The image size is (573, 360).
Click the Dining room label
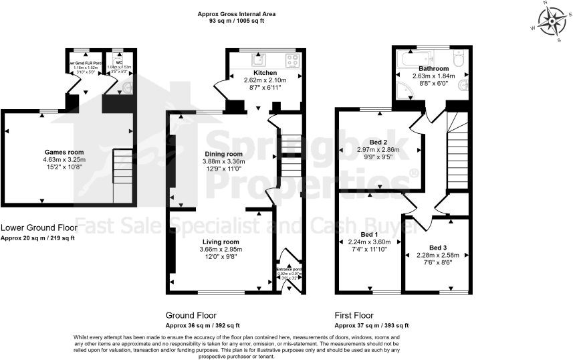[223, 154]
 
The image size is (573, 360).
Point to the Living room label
[221, 242]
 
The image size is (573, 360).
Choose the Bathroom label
[434, 68]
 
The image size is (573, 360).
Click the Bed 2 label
[378, 143]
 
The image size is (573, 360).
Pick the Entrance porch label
[290, 270]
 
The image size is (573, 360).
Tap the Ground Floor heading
[191, 314]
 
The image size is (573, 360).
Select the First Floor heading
[354, 314]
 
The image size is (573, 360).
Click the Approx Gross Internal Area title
[236, 13]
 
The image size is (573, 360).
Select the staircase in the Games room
[122, 165]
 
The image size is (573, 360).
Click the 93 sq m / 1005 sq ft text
[236, 21]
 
